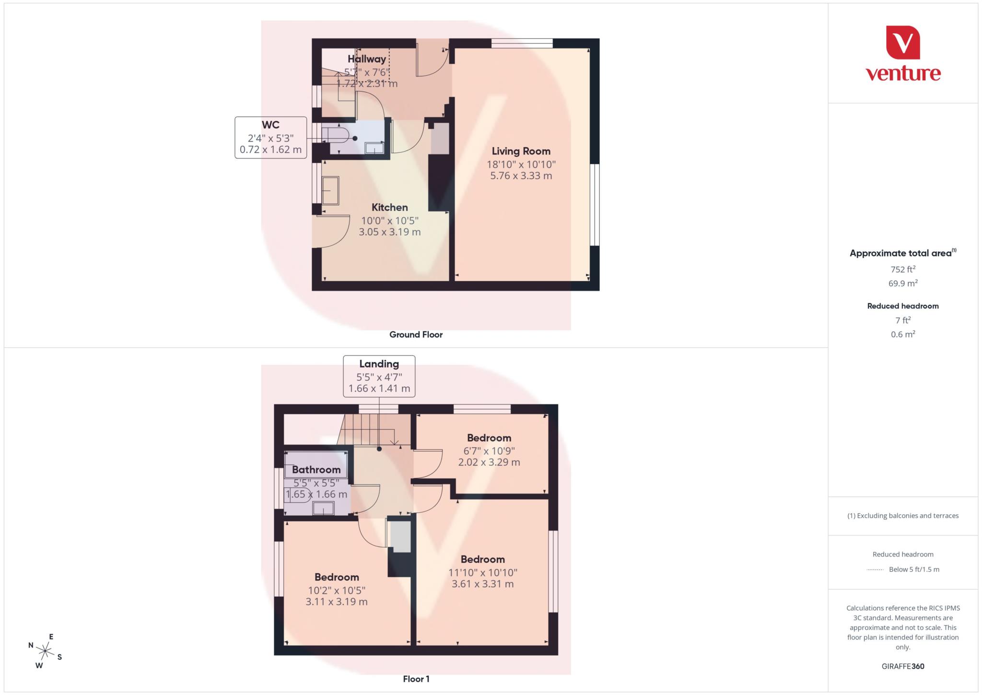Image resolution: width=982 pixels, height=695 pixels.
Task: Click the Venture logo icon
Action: click(903, 42)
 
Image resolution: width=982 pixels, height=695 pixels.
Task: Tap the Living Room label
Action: click(521, 151)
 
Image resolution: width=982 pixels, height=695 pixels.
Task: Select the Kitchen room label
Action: click(389, 207)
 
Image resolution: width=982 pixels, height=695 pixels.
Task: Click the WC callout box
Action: click(270, 137)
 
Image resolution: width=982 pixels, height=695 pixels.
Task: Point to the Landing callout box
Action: click(379, 376)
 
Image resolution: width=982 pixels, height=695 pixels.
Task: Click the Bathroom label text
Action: click(316, 470)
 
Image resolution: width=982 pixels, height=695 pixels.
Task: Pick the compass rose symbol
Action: click(45, 651)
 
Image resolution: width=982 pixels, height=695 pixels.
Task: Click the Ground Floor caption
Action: click(416, 335)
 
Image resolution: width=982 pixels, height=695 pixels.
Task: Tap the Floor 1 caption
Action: click(416, 679)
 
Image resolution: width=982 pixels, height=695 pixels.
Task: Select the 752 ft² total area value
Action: click(902, 270)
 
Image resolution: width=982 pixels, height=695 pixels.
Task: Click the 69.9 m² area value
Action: click(902, 283)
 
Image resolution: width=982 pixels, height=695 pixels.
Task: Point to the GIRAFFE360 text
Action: click(902, 666)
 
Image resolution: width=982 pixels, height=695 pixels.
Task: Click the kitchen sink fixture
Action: click(330, 190)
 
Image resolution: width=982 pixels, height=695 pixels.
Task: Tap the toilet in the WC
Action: click(336, 135)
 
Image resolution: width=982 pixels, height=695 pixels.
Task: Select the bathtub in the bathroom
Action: click(316, 464)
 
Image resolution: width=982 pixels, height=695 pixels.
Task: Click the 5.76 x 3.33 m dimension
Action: click(521, 176)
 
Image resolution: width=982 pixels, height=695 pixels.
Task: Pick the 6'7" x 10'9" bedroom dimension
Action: click(489, 451)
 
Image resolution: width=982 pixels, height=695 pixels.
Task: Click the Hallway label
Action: click(367, 59)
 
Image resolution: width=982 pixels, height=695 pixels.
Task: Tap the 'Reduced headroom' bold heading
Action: click(902, 306)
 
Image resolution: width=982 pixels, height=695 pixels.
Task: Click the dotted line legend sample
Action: click(875, 570)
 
